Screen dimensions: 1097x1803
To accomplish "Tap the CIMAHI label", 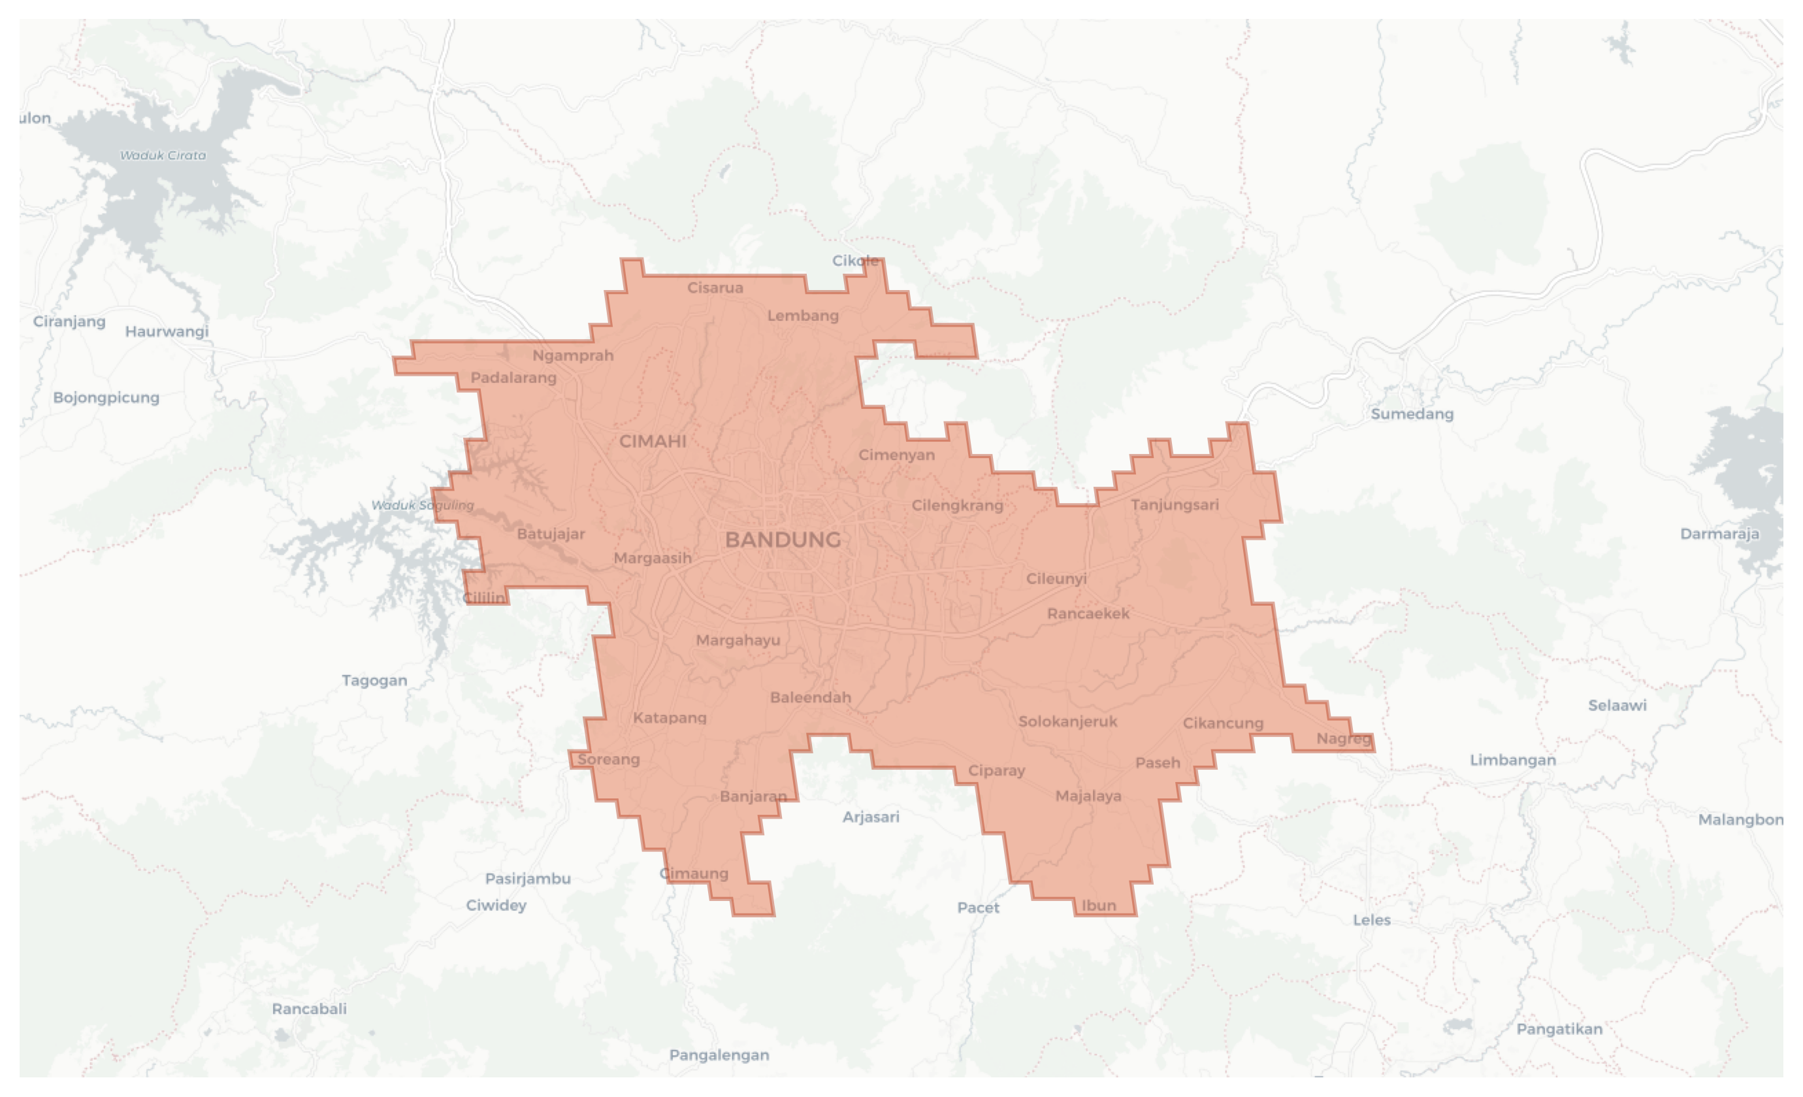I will point(653,441).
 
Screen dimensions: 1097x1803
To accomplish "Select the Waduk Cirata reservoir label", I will point(163,155).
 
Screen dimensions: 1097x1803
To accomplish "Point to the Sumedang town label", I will point(1412,414).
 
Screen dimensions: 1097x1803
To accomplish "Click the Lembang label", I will point(803,316).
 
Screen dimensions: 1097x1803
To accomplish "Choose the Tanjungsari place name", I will point(1175,504).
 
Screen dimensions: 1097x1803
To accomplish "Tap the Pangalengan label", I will point(719,1055).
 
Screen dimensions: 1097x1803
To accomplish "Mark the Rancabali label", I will point(309,1008).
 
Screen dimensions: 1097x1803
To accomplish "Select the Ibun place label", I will point(1098,906).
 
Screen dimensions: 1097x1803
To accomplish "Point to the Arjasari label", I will point(870,817).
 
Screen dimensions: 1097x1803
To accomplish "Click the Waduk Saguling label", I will point(422,505).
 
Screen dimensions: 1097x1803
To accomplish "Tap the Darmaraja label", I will point(1719,534).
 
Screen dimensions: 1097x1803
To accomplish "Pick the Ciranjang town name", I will point(69,321).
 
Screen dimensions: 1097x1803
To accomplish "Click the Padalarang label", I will point(513,378).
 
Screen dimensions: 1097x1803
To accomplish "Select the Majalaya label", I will point(1088,796).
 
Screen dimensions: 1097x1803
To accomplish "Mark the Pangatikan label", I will point(1559,1029).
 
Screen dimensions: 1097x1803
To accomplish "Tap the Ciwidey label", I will point(496,906).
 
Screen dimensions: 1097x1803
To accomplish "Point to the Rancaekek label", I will point(1088,614).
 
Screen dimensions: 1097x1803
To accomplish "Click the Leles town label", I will point(1371,920).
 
